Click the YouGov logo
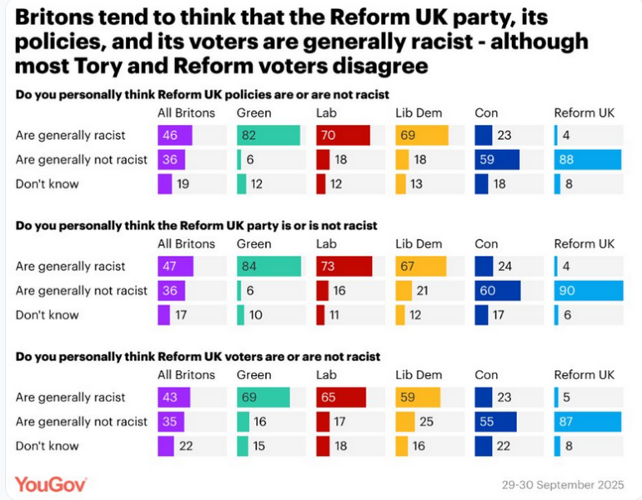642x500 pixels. tap(51, 483)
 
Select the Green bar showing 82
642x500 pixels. tap(268, 136)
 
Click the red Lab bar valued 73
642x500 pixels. tap(341, 267)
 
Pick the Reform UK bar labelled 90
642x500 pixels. tap(587, 291)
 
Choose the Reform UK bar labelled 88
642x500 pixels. tap(587, 160)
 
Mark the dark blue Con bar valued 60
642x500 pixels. tap(498, 291)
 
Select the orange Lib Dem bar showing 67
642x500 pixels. tap(420, 267)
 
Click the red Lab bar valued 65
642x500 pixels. tap(340, 397)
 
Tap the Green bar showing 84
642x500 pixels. tap(268, 267)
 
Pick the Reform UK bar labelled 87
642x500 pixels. tap(587, 422)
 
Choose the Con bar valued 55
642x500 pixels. tap(496, 422)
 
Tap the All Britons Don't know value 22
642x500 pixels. tap(184, 446)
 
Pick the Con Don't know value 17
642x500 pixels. tap(499, 315)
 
